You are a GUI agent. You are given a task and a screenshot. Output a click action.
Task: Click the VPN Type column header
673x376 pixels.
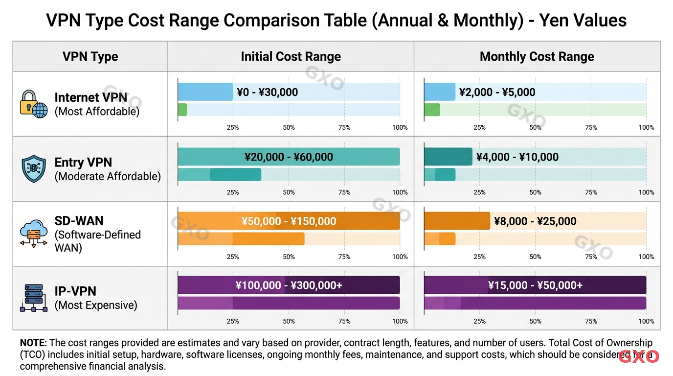point(90,56)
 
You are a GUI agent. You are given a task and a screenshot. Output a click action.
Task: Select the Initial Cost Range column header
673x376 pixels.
point(291,56)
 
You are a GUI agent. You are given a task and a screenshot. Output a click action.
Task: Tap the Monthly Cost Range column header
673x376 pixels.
point(537,56)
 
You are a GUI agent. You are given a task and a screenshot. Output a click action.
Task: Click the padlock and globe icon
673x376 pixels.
point(33,104)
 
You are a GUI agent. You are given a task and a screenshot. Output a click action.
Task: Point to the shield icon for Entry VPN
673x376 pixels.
point(34,169)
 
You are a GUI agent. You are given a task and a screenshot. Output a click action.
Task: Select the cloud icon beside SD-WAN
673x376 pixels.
point(33,234)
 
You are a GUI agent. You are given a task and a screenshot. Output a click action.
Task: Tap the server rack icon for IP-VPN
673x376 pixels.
point(33,298)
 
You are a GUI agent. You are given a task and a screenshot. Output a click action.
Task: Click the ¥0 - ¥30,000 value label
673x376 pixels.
point(267,92)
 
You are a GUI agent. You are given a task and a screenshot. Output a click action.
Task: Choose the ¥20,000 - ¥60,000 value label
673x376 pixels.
point(289,157)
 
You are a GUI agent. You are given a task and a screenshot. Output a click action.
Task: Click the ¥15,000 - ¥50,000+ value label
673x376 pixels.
point(535,285)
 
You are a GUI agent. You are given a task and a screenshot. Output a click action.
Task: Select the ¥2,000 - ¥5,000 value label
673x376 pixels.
point(497,92)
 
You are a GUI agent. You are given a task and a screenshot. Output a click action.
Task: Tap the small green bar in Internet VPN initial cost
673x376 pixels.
point(182,110)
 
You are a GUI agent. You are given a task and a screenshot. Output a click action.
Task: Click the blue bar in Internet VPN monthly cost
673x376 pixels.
point(439,92)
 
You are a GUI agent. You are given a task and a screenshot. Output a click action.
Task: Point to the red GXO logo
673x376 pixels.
point(639,356)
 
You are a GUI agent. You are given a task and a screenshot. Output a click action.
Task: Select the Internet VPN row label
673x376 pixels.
point(90,97)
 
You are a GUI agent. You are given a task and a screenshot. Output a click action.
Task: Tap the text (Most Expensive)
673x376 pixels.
point(96,305)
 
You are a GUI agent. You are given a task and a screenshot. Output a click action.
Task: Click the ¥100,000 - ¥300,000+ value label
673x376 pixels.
point(289,285)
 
